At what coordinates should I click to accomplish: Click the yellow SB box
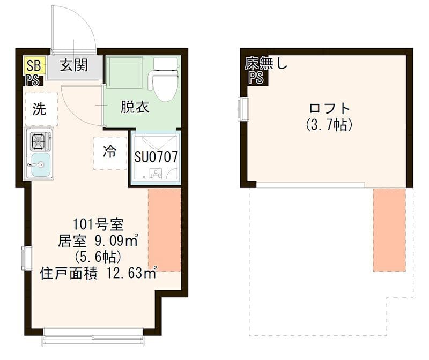[34, 66]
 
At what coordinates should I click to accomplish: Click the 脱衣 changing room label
[135, 107]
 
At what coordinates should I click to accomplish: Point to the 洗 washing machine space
[40, 109]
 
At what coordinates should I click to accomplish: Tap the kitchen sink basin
[41, 164]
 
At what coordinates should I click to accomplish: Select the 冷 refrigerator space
[110, 153]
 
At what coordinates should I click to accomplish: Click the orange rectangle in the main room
[164, 229]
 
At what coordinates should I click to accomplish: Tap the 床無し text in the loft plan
[266, 64]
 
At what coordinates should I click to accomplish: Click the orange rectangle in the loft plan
[389, 229]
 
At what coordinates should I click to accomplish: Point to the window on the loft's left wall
[244, 109]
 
